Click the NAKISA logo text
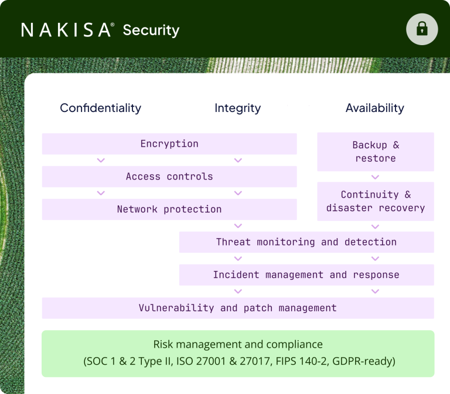click(66, 30)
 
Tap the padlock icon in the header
click(422, 29)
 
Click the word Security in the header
click(151, 30)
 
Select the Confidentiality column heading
click(100, 108)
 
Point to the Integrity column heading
click(237, 108)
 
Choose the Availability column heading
click(374, 108)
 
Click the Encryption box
click(169, 144)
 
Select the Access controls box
click(169, 176)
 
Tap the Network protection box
click(169, 209)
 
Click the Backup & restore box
click(376, 152)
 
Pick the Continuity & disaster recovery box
click(376, 201)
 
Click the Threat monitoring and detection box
click(306, 242)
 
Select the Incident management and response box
click(306, 275)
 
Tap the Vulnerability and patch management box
click(238, 308)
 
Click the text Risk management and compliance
click(238, 344)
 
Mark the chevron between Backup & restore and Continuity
click(376, 176)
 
